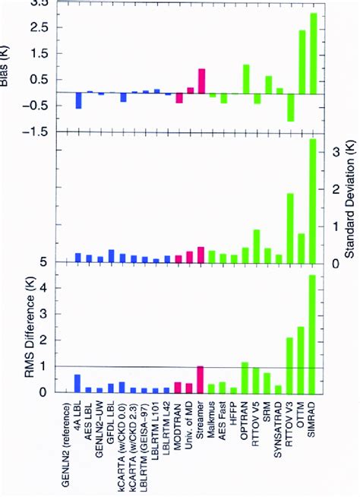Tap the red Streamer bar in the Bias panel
(201, 81)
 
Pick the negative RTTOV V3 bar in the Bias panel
(290, 107)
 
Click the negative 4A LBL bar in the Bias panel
(78, 100)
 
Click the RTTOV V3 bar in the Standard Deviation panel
(290, 228)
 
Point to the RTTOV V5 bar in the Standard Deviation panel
(257, 245)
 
